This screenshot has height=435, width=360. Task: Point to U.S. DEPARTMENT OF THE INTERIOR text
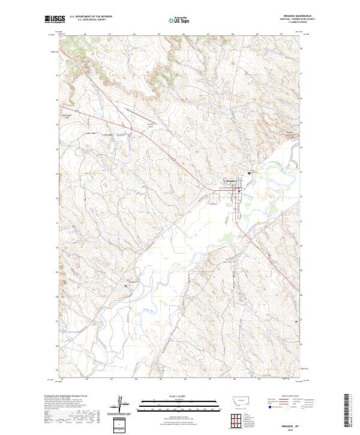tap(91, 17)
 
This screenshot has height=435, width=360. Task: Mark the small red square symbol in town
tap(239, 192)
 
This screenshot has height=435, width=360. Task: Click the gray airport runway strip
tap(141, 112)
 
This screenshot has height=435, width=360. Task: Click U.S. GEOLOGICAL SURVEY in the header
tap(91, 20)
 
